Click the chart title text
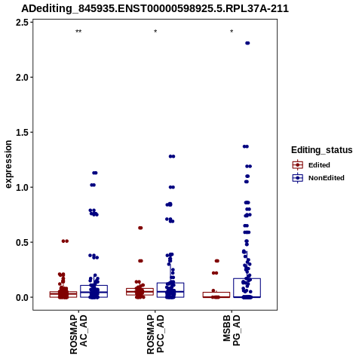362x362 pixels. point(155,8)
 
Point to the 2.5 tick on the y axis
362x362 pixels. point(22,23)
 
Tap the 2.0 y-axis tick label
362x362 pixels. point(22,78)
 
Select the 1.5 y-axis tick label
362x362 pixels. point(22,132)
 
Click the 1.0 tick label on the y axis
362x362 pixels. point(22,187)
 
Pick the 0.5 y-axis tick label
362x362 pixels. point(22,242)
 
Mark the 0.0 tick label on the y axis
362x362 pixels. point(22,297)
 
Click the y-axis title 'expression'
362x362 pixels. point(8,164)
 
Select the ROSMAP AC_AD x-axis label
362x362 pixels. point(78,334)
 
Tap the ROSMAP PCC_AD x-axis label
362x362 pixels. point(155,334)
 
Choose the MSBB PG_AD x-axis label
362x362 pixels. point(232,330)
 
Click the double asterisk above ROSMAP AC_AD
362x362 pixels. point(78,32)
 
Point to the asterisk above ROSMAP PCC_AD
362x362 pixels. point(155,32)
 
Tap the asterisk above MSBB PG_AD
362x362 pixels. point(232,32)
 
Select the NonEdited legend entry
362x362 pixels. point(318,178)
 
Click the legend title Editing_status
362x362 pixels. point(322,150)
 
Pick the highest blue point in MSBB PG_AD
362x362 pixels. point(247,43)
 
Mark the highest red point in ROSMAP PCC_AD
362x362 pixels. point(140,228)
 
